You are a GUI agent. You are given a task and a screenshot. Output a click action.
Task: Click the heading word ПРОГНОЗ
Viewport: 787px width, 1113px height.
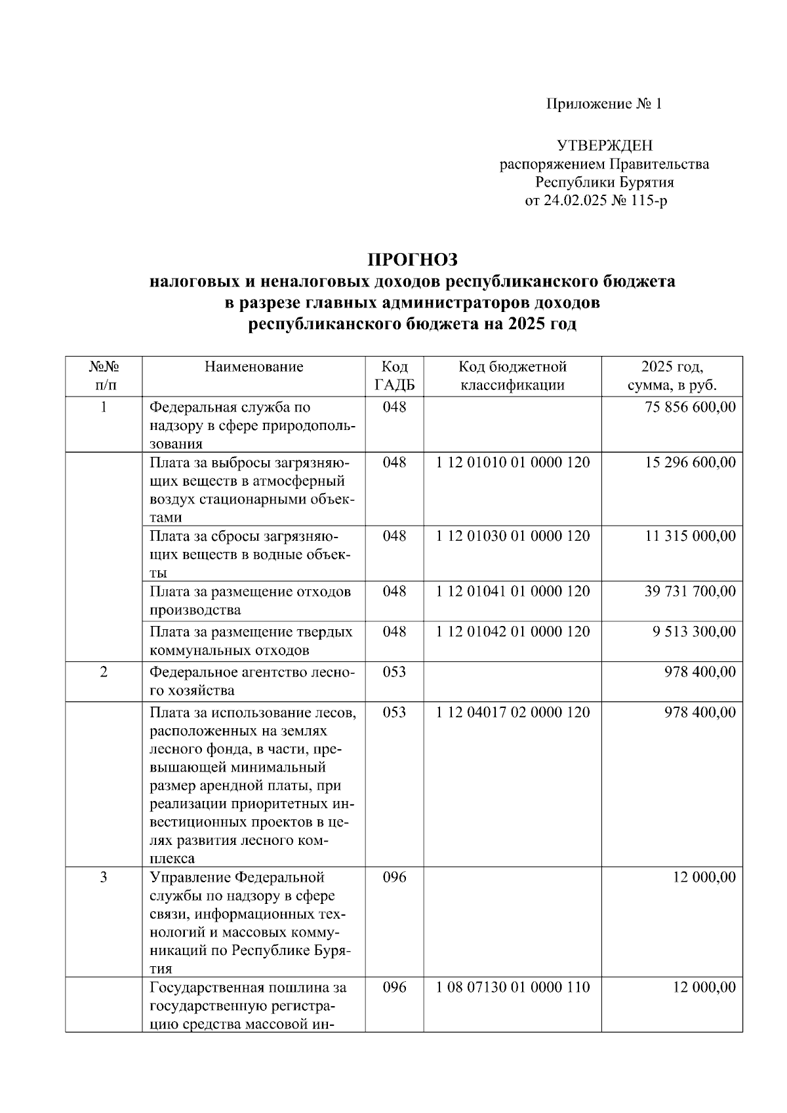(x=412, y=260)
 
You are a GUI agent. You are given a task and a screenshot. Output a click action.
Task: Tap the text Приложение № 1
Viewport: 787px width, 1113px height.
(x=604, y=104)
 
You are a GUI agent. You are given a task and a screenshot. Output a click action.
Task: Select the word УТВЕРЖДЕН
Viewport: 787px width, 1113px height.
(x=604, y=146)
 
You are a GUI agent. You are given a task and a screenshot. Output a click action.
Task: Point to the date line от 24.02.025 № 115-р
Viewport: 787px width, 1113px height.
(x=595, y=201)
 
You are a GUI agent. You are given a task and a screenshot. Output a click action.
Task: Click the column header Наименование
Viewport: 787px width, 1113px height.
(x=254, y=367)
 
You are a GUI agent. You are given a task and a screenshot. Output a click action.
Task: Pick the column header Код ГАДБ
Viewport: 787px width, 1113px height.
(x=394, y=376)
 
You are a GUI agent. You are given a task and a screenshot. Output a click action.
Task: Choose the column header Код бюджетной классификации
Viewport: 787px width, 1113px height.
(x=512, y=376)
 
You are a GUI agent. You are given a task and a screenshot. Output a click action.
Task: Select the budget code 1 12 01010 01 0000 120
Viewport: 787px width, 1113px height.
(x=513, y=463)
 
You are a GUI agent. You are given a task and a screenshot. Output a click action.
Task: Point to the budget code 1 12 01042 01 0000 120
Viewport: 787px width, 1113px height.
(x=513, y=632)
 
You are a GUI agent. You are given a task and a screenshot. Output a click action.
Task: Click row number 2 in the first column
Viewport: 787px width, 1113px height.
(x=104, y=672)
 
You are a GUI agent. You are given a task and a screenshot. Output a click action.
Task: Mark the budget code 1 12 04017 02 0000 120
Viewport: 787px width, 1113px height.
(x=513, y=713)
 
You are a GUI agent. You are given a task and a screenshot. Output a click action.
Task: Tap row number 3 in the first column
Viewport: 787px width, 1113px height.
(x=104, y=877)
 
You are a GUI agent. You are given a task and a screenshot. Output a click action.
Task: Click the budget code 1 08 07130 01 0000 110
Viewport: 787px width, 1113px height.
(x=513, y=987)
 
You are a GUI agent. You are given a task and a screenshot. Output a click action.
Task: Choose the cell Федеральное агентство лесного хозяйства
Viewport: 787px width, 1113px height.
(x=252, y=681)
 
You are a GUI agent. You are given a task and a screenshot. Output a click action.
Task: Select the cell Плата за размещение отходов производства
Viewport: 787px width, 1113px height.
(x=250, y=600)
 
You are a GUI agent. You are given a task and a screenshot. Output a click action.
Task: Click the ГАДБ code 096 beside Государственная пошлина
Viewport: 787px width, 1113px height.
(x=394, y=987)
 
